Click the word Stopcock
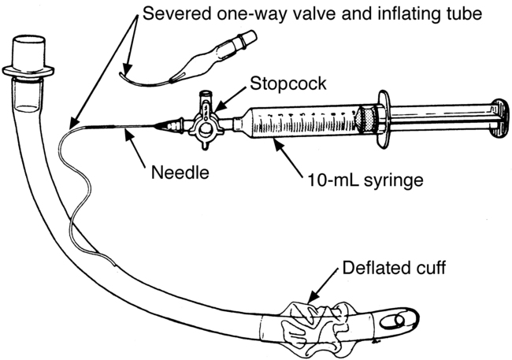tap(288, 84)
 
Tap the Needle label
tap(180, 173)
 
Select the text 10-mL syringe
tap(365, 180)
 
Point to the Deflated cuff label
tap(394, 268)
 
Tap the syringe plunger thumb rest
tap(500, 117)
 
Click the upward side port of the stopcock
tap(206, 98)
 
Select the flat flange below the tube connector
tap(28, 72)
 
